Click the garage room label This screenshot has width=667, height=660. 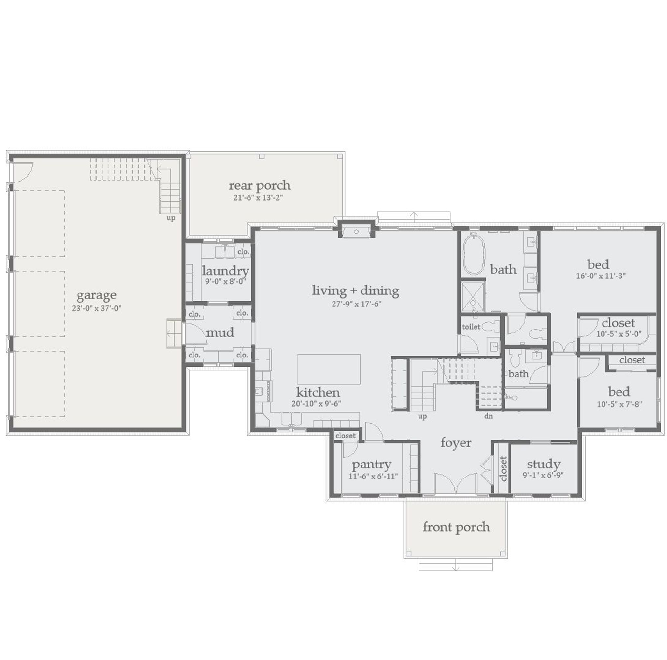point(96,295)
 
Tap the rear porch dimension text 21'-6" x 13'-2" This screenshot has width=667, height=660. point(258,198)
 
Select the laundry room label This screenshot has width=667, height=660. point(225,271)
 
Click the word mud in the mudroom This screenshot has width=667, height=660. point(220,332)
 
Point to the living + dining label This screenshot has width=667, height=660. point(356,290)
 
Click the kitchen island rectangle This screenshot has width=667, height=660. point(329,369)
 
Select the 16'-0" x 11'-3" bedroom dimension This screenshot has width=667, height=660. point(601,276)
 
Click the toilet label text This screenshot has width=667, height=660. point(471,327)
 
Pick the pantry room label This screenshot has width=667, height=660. point(372,465)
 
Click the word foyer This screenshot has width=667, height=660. point(456,443)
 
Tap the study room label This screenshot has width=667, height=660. point(544,464)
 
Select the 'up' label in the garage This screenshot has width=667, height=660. point(171,218)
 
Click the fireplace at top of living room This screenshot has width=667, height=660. point(356,231)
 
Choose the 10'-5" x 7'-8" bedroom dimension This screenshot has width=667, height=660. point(619,404)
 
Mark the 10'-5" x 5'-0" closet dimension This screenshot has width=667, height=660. point(619,334)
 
